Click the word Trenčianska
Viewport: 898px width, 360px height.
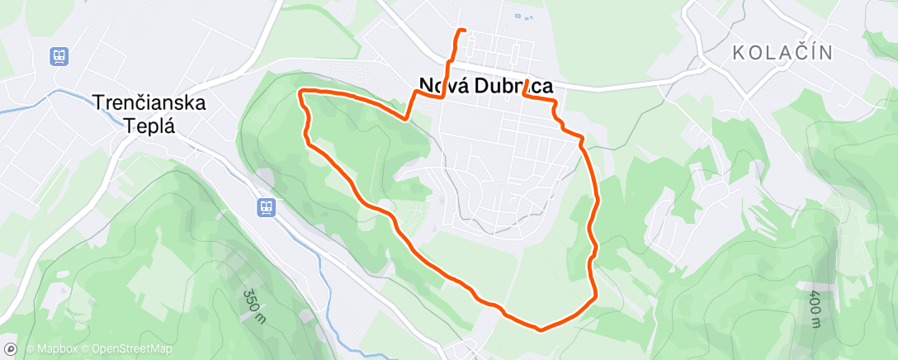coord(149,103)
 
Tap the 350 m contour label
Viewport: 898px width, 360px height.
coord(254,305)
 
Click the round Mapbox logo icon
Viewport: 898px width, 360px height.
coord(11,348)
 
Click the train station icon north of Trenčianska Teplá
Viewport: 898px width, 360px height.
coord(59,56)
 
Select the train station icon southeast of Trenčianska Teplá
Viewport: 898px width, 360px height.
coord(266,206)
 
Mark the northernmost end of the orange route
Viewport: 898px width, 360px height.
coord(465,31)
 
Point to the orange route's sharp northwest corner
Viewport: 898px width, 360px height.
coord(301,90)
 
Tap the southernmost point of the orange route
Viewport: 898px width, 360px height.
coord(541,329)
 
